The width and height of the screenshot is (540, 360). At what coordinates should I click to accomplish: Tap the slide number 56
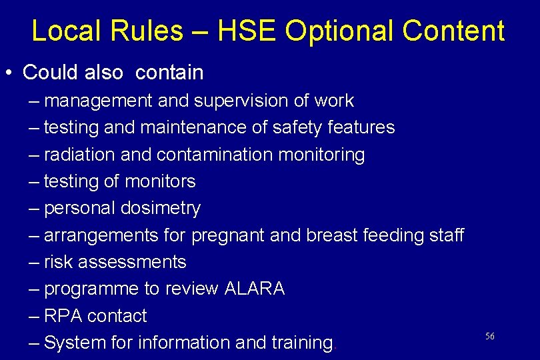490,336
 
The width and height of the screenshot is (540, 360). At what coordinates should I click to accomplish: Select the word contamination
215,155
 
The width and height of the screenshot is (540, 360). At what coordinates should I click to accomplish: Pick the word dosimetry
161,209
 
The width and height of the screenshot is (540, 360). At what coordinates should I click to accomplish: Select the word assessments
132,262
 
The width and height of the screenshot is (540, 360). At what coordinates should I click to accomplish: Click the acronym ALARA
255,289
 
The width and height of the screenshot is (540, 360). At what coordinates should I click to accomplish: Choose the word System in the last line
75,343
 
